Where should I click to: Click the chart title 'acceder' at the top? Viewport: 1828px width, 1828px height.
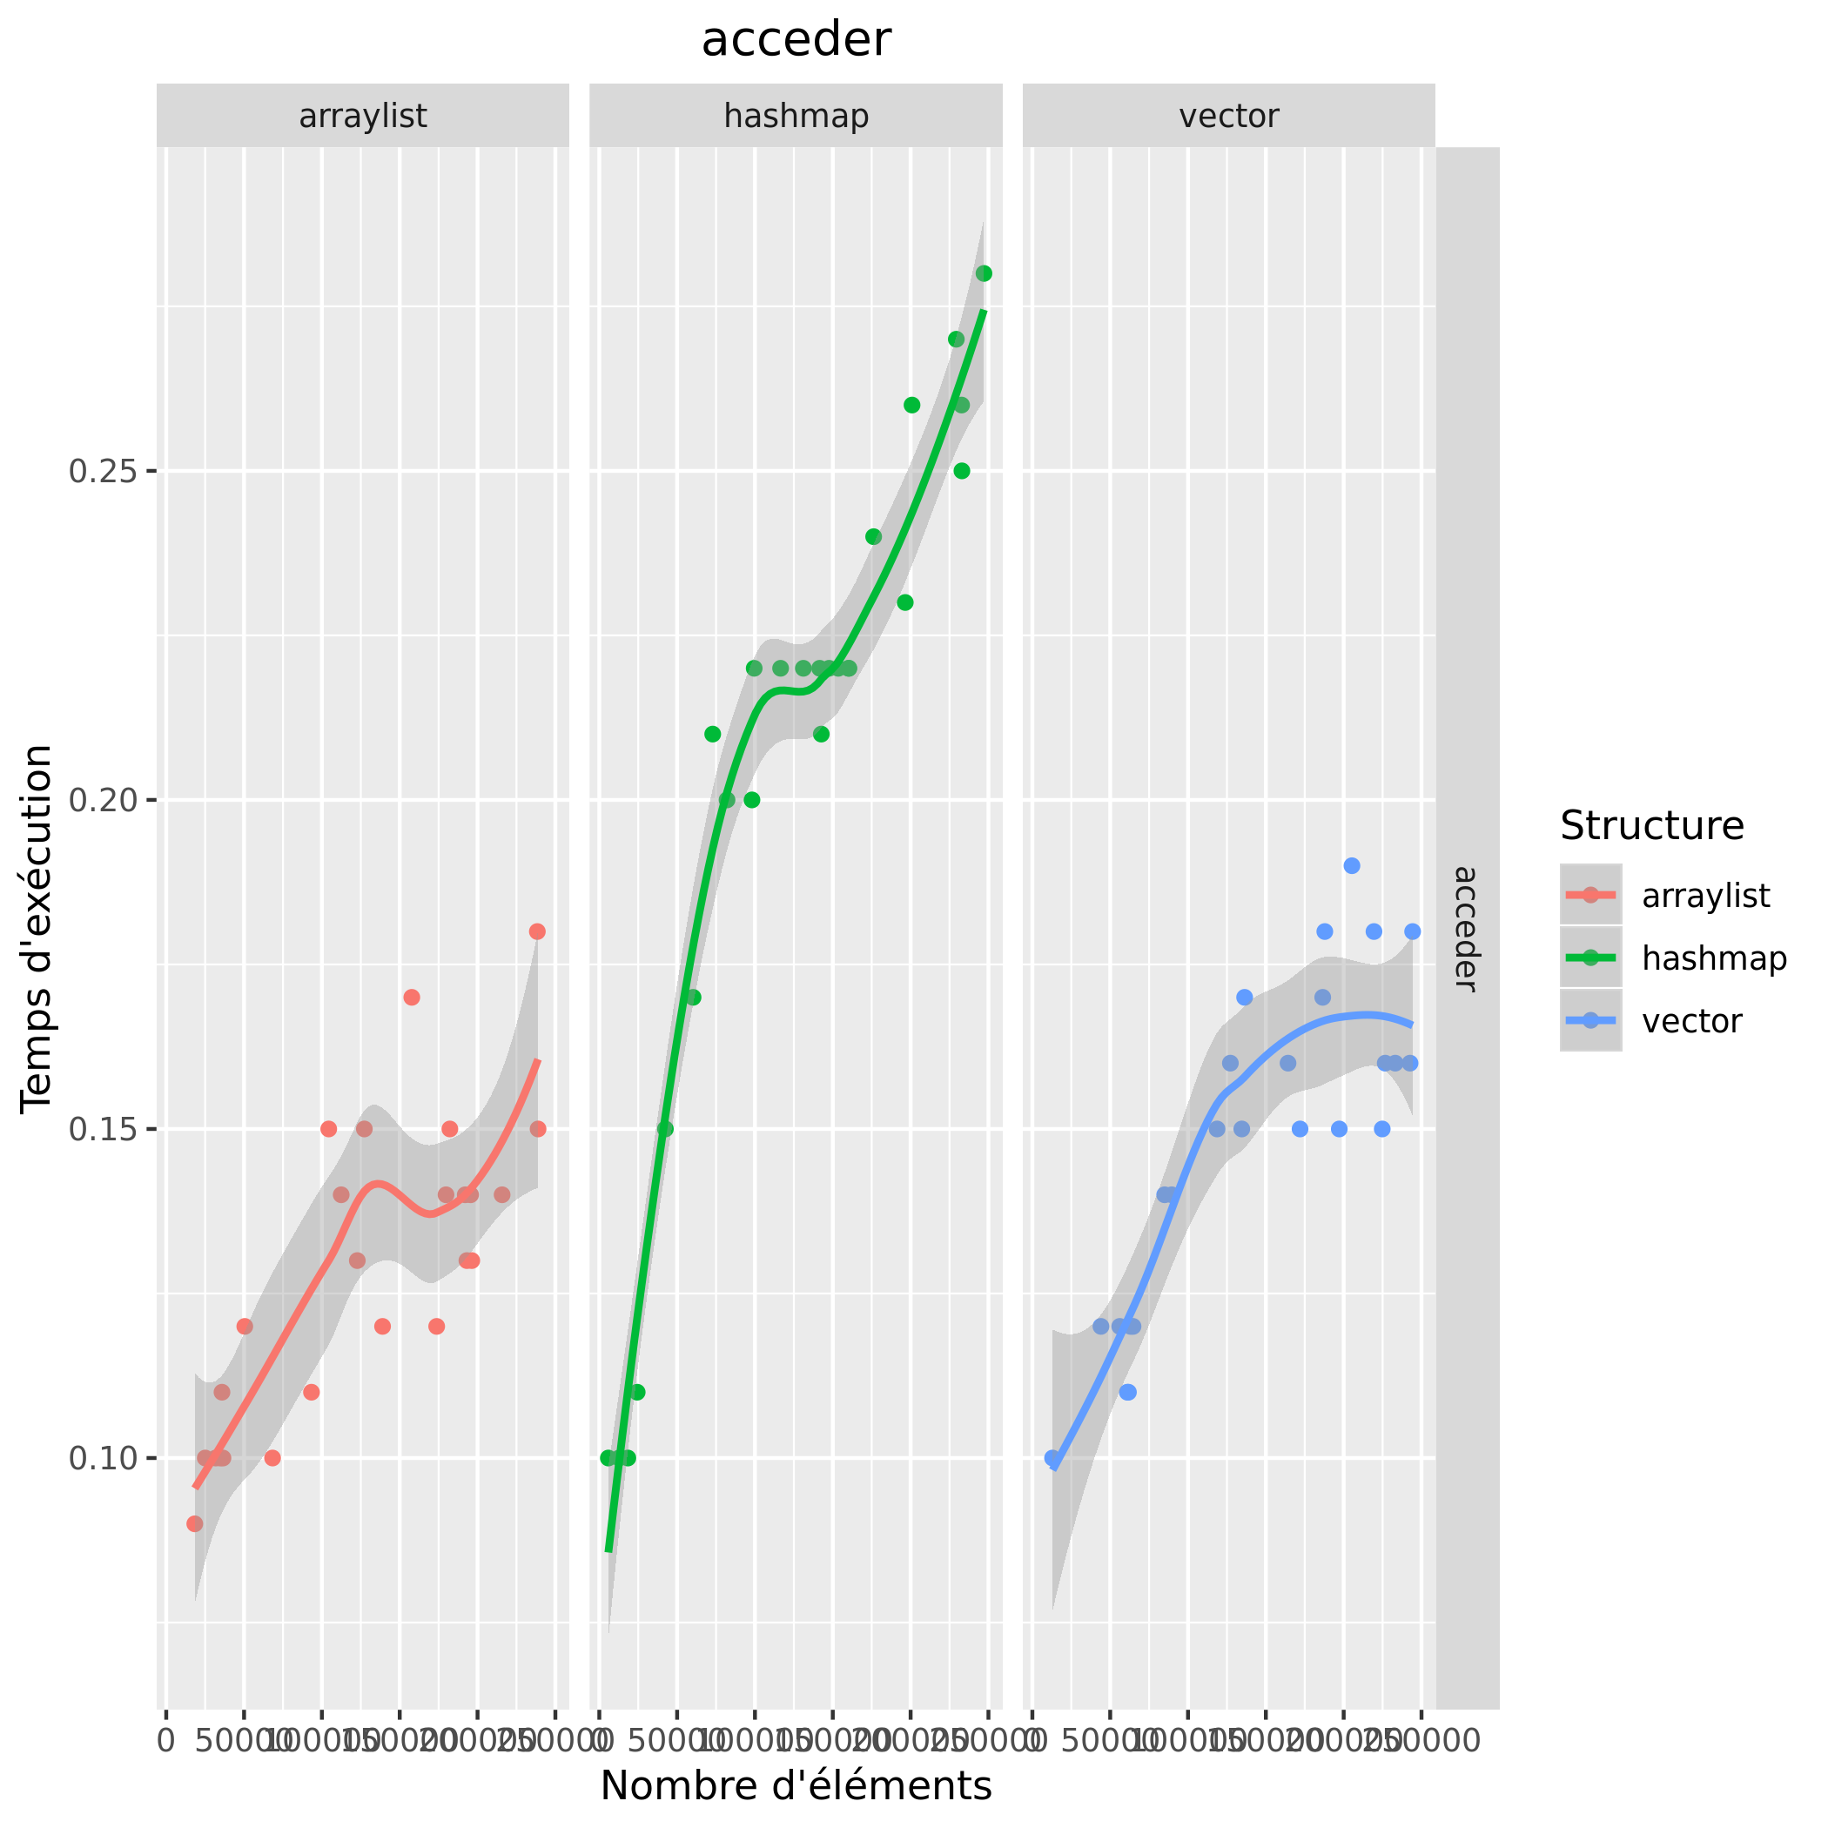click(x=796, y=40)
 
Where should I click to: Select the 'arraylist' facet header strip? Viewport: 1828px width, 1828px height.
click(x=362, y=117)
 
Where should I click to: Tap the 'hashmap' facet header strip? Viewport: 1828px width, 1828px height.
click(x=796, y=117)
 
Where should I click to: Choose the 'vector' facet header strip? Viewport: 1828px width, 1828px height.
click(x=1228, y=117)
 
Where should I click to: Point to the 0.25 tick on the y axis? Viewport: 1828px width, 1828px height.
click(x=103, y=471)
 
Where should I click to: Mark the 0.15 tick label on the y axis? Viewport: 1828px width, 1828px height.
click(x=103, y=1130)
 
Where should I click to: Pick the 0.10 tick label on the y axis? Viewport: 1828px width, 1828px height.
click(x=103, y=1458)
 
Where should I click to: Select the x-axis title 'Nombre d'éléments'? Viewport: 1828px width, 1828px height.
click(x=796, y=1785)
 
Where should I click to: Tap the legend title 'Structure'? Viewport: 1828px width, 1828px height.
click(x=1652, y=826)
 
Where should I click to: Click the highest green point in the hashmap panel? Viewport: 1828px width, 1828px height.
click(x=984, y=273)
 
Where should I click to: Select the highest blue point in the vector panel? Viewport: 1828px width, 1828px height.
click(x=1352, y=866)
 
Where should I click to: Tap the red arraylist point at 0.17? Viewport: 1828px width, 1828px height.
click(x=412, y=998)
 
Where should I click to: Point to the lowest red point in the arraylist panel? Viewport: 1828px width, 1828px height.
click(x=195, y=1523)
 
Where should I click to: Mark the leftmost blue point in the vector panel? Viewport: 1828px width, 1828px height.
click(x=1052, y=1458)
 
